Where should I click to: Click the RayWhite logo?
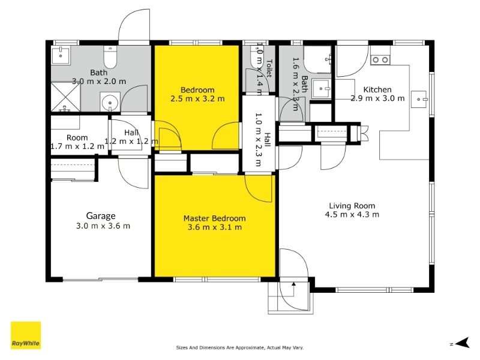pos(26,335)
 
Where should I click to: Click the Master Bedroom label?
pos(214,218)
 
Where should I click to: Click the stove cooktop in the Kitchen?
pos(380,59)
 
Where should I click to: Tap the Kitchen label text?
pos(377,89)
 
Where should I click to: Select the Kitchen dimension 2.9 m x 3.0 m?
pos(377,98)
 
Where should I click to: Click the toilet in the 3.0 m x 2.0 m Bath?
pos(110,58)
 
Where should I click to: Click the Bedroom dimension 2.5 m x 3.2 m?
pos(197,98)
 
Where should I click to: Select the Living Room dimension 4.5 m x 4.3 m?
pos(352,214)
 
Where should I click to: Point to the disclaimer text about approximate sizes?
pos(240,347)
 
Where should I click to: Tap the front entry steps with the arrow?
pos(289,296)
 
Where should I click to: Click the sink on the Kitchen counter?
pos(419,99)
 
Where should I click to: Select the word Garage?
pos(100,216)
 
